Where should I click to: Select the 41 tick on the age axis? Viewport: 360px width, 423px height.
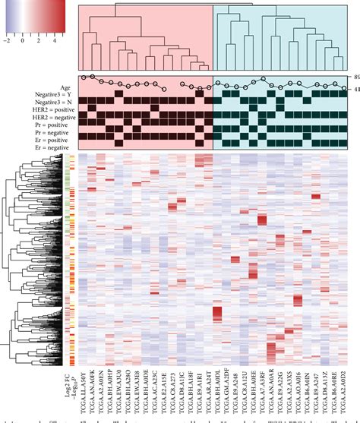pos(355,90)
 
